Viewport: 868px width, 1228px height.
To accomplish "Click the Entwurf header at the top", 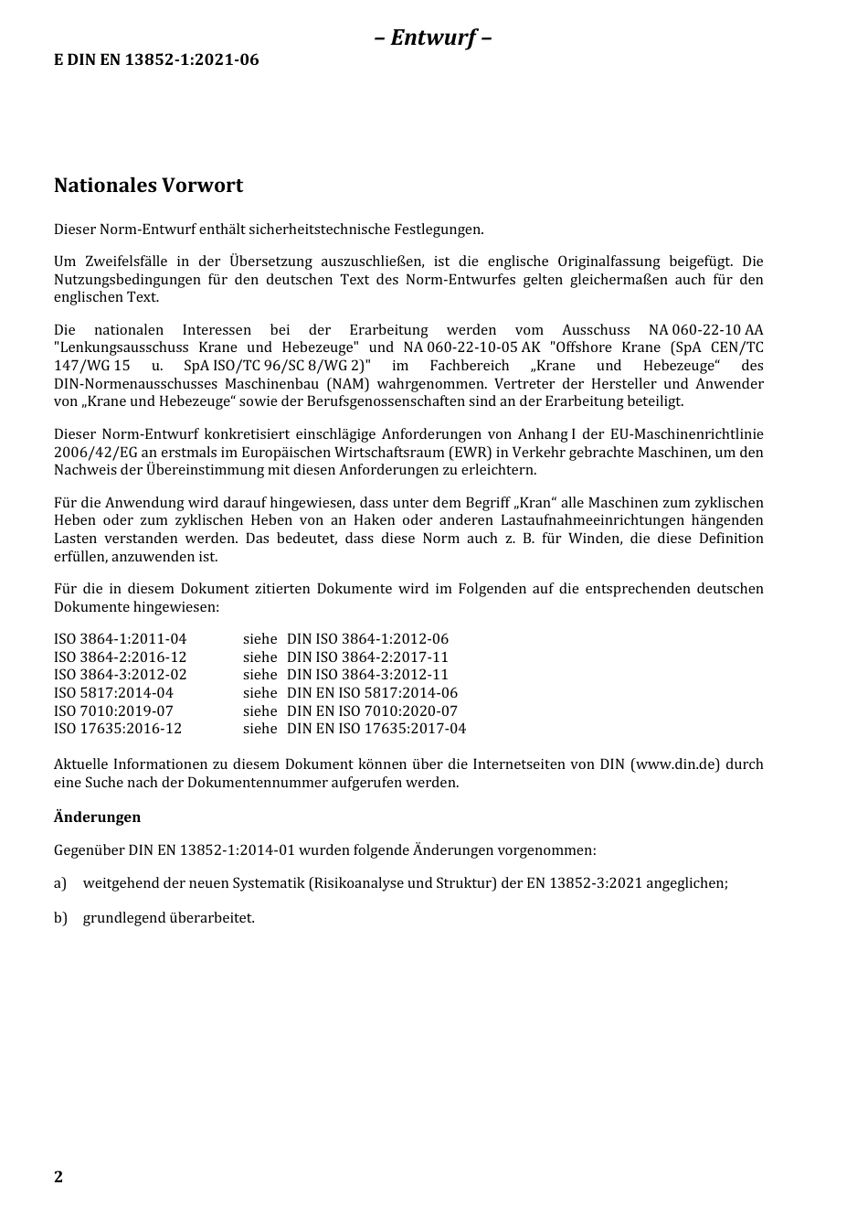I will point(433,37).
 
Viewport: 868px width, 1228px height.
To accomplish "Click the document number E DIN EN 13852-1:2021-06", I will point(156,59).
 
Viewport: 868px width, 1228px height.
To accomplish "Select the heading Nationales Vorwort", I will point(148,186).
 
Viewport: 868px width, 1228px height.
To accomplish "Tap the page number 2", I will point(58,1177).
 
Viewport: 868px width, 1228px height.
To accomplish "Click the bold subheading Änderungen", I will point(97,817).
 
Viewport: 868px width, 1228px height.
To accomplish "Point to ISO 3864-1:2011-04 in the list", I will point(120,639).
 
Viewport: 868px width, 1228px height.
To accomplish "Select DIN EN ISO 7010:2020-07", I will point(372,710).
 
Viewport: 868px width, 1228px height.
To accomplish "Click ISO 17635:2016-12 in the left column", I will point(118,729).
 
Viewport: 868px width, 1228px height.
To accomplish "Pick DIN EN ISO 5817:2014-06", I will point(372,693).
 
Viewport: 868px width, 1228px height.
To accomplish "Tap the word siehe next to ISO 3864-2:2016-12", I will point(259,657).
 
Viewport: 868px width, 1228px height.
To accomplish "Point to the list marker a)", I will point(60,883).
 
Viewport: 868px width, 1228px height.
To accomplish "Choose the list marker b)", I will point(60,917).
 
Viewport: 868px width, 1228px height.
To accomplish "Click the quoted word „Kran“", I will point(535,503).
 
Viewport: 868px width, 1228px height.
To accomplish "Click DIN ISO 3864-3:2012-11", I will point(367,675).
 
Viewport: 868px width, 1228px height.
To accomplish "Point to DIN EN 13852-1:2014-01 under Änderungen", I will point(211,850).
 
